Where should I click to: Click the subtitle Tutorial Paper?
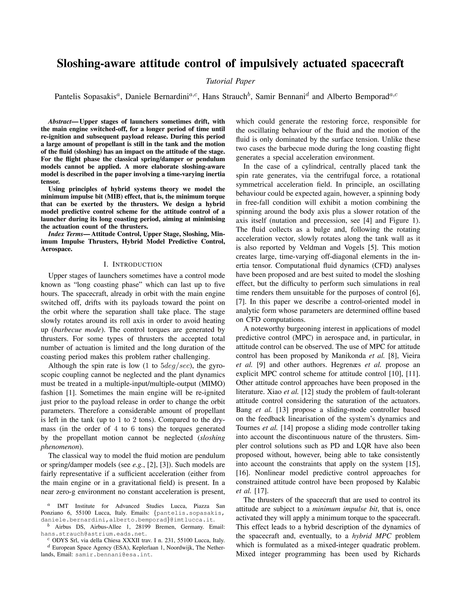[230, 81]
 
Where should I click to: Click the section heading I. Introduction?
[133, 264]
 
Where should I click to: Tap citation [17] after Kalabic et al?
[261, 491]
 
